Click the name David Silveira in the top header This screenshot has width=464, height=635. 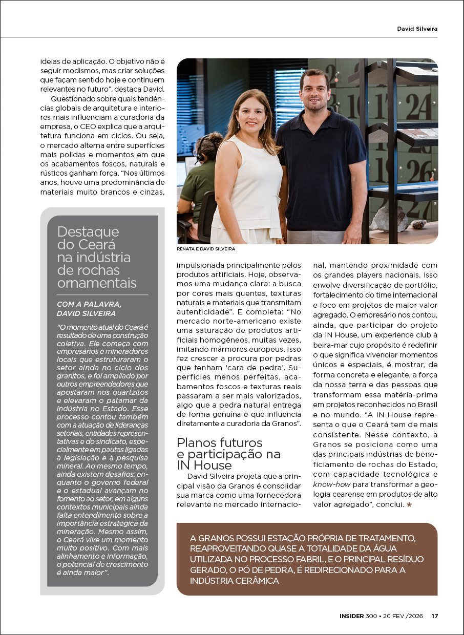pyautogui.click(x=417, y=29)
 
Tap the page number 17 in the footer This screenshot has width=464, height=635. pyautogui.click(x=434, y=616)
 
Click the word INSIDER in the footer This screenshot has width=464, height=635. pyautogui.click(x=351, y=616)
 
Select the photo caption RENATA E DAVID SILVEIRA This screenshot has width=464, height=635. pyautogui.click(x=206, y=248)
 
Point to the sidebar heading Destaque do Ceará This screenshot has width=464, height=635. pyautogui.click(x=88, y=238)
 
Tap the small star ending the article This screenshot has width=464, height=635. pyautogui.click(x=409, y=505)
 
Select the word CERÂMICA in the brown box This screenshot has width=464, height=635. pyautogui.click(x=254, y=581)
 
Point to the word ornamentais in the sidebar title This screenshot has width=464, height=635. pyautogui.click(x=97, y=283)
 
